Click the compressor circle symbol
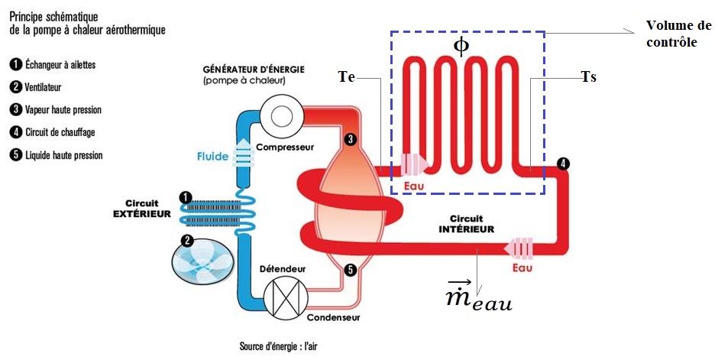pyautogui.click(x=278, y=116)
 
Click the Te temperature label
pyautogui.click(x=346, y=76)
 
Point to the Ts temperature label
pyautogui.click(x=588, y=77)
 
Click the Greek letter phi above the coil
pyautogui.click(x=461, y=46)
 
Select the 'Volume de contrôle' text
pyautogui.click(x=677, y=34)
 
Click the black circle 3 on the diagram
pyautogui.click(x=350, y=139)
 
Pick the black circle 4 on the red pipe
pyautogui.click(x=563, y=164)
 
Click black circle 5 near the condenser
pyautogui.click(x=350, y=269)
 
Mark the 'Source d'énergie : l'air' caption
pyautogui.click(x=278, y=346)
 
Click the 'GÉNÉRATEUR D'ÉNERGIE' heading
pyautogui.click(x=254, y=69)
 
